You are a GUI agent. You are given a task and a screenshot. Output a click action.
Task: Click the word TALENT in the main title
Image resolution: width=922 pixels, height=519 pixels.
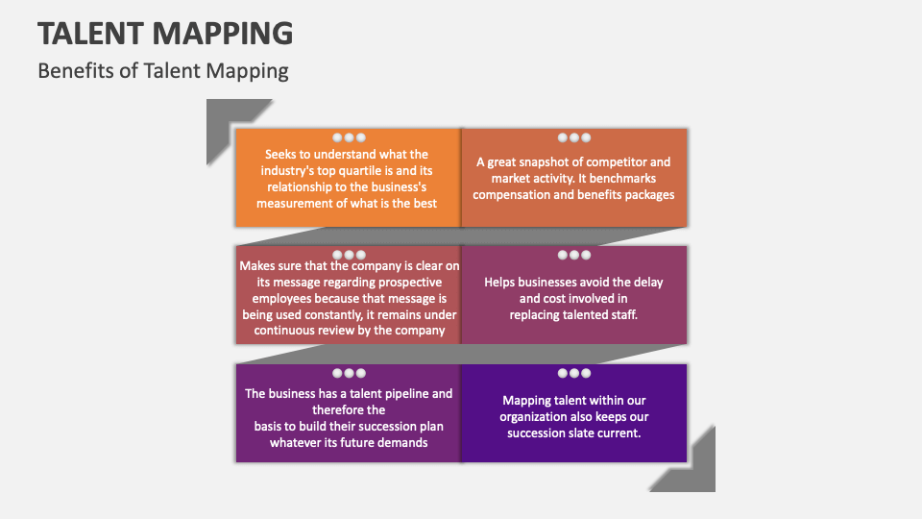click(87, 33)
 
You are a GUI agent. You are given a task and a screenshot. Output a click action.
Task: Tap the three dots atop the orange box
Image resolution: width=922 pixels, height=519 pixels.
click(349, 137)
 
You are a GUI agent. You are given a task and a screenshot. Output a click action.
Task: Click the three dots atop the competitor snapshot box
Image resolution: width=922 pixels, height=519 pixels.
click(574, 137)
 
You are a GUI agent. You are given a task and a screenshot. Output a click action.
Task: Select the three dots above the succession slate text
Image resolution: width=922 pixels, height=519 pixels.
click(574, 373)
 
